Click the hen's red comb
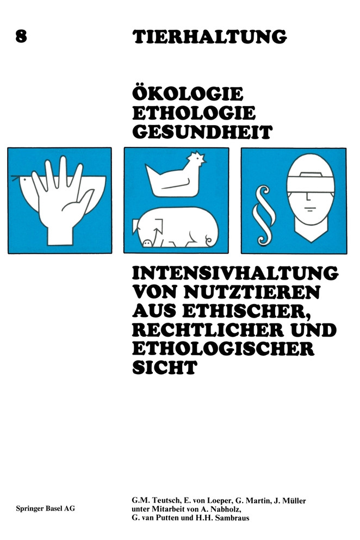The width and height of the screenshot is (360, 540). [x=198, y=158]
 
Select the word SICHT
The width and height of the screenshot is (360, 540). [x=163, y=367]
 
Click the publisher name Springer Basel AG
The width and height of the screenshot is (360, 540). [x=40, y=508]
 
